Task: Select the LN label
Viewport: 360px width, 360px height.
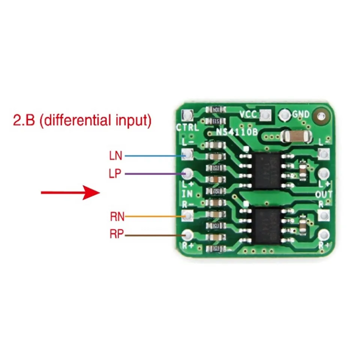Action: [116, 155]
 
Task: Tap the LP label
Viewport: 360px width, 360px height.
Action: [116, 174]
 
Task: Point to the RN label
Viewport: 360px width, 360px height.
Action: [117, 216]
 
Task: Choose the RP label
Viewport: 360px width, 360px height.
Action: [117, 235]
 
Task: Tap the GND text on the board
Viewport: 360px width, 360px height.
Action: [301, 114]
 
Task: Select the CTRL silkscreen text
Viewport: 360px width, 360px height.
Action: [187, 127]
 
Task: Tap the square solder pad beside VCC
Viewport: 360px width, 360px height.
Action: [265, 115]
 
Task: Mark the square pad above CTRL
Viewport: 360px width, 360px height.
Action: [187, 114]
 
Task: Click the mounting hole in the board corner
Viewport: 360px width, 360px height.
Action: [321, 116]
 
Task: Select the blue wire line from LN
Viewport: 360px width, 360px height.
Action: [154, 156]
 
